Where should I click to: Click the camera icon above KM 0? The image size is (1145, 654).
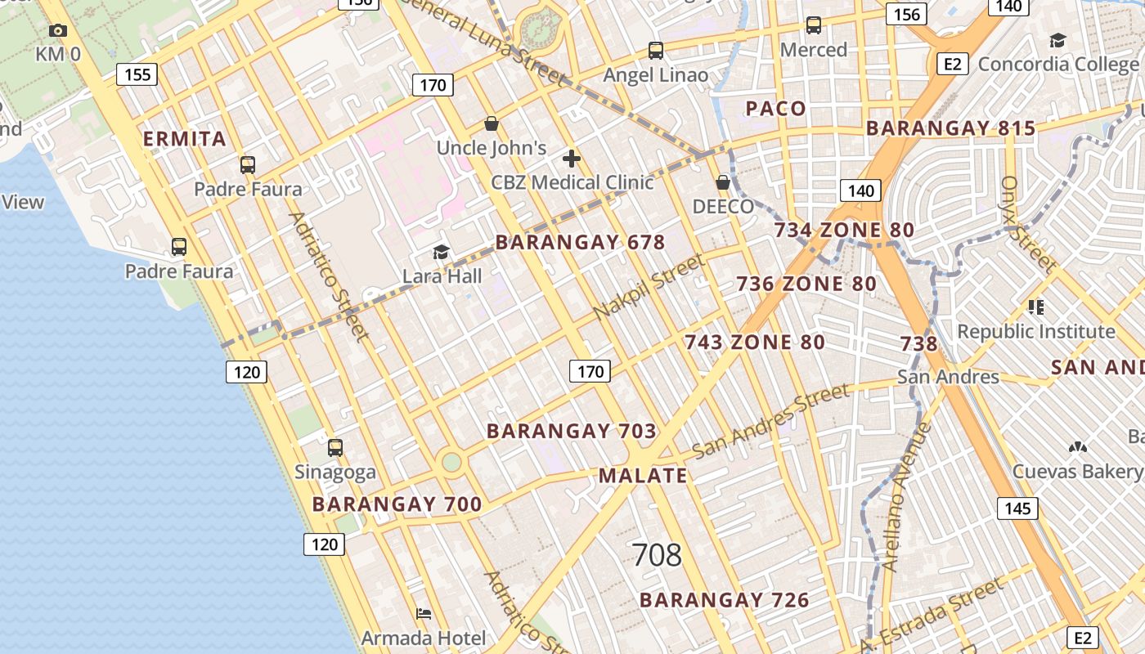57,31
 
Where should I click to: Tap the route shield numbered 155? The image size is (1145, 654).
137,75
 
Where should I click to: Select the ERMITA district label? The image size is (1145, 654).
185,139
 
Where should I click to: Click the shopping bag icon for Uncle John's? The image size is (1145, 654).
492,124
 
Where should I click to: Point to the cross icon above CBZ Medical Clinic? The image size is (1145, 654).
572,159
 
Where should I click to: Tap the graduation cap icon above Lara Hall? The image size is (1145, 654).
442,252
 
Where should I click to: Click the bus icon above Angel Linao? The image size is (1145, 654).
656,51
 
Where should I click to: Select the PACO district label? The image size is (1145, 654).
775,109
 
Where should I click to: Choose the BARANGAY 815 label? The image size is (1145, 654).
950,128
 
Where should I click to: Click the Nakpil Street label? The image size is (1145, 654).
649,288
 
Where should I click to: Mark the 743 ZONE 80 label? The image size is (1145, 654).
754,342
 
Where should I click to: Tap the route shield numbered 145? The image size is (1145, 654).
1017,508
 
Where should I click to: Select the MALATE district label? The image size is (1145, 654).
643,476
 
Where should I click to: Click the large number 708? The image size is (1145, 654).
657,555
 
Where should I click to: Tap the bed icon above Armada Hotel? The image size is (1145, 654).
424,613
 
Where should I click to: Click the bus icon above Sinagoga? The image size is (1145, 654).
335,448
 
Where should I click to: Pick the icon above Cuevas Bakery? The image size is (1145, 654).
1077,448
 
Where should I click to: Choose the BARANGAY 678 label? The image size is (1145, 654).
580,243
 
